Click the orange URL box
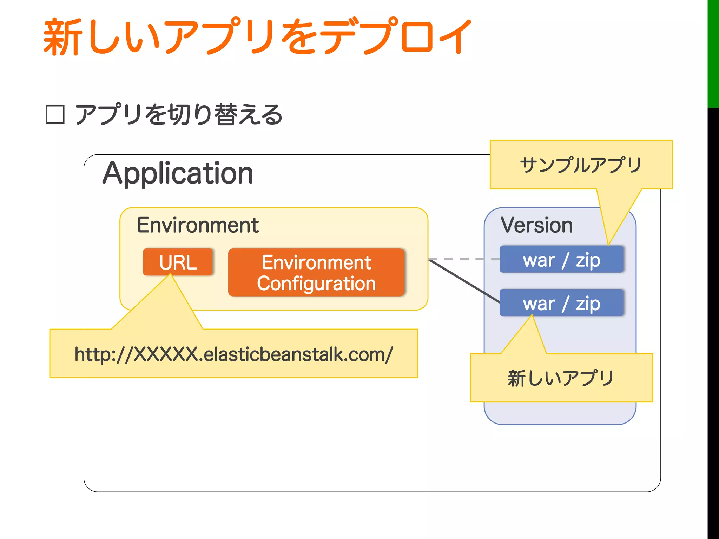coord(178,262)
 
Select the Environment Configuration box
coord(316,273)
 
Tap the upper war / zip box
coord(561,260)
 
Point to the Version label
coord(536,225)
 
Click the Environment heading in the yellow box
coord(198,225)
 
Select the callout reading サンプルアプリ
coord(581,165)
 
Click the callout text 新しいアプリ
coord(561,378)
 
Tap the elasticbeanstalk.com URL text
coord(233,354)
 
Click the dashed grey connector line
coord(463,259)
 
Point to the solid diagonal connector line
coord(463,281)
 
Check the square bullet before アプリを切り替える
coord(55,115)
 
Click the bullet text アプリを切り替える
coord(179,115)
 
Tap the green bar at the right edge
coord(713,53)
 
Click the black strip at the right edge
coord(713,316)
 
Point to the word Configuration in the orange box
coord(316,284)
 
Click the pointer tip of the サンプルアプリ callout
coord(608,244)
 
